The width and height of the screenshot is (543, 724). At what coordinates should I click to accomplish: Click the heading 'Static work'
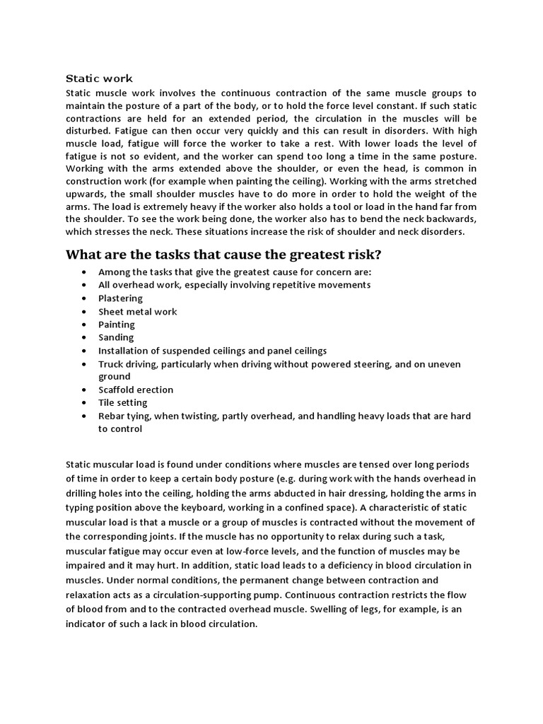coord(99,78)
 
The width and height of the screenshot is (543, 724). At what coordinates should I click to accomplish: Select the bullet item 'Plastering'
coord(120,298)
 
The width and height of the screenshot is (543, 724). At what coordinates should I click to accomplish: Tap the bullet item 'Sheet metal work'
coord(137,312)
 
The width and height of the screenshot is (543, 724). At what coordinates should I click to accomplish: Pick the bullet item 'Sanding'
coord(116,337)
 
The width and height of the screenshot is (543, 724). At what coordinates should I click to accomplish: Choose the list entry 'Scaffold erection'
coord(136,390)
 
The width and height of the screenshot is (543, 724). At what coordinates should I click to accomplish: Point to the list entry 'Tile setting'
coord(123,402)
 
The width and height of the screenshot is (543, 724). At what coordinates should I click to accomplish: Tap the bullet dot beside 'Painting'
coord(85,325)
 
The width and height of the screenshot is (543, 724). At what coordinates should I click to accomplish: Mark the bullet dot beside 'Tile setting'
coord(85,403)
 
